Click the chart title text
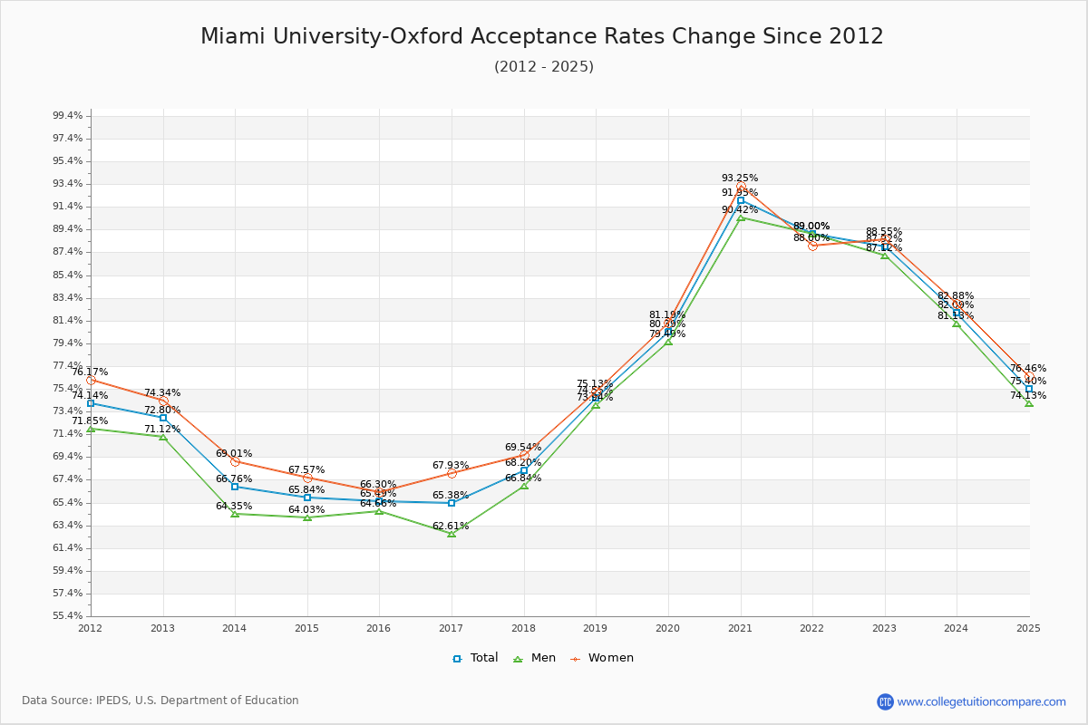click(x=542, y=36)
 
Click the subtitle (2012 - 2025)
click(x=543, y=67)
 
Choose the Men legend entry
click(x=535, y=658)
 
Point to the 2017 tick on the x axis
click(x=451, y=627)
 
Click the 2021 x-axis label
click(x=740, y=627)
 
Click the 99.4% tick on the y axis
click(x=68, y=116)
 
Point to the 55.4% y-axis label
click(x=68, y=616)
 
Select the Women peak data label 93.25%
click(x=740, y=179)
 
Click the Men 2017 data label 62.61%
click(x=451, y=527)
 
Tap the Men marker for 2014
click(x=235, y=514)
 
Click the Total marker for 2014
click(x=235, y=487)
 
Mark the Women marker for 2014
click(x=235, y=461)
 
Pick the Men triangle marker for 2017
click(x=452, y=534)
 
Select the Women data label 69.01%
click(x=234, y=454)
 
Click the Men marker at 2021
click(x=741, y=217)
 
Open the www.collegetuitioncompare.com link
click(x=981, y=701)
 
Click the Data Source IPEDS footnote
click(x=160, y=701)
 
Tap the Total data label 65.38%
click(x=451, y=496)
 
